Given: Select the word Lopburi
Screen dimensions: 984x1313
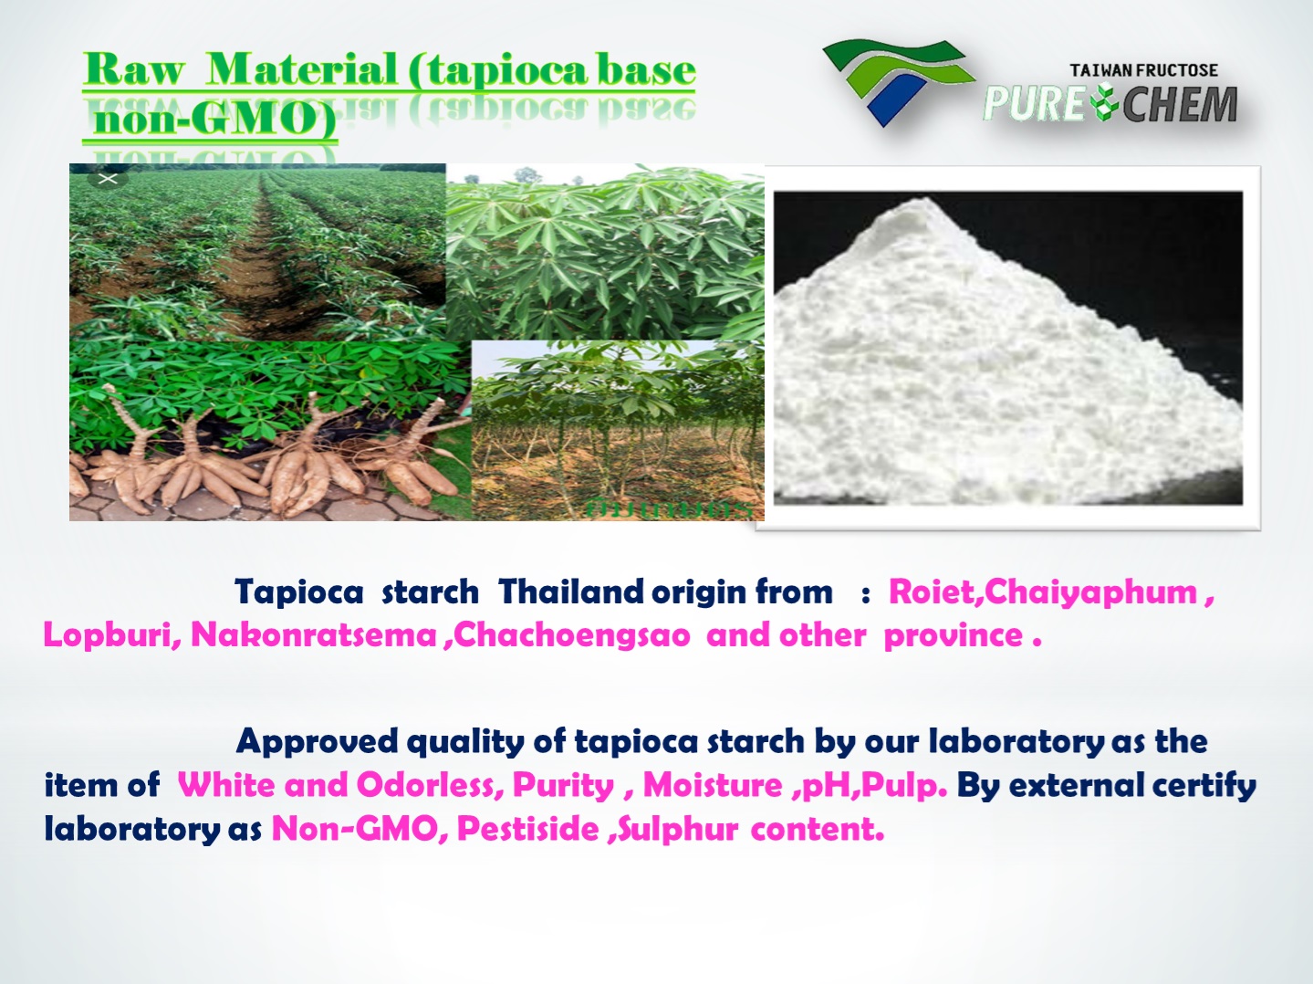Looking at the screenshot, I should coord(111,635).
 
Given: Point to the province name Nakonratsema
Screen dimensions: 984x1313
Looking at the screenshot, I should coord(313,635).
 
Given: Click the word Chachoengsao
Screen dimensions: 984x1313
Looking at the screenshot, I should coord(572,635).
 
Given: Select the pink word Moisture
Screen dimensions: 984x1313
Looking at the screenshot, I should coord(713,785).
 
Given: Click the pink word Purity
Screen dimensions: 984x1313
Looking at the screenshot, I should coord(563,785).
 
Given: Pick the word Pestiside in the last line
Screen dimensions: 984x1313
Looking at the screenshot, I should coord(527,829).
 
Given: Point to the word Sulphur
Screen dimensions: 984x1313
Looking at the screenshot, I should coord(678,829).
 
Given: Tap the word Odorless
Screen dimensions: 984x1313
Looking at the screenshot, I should coord(428,785).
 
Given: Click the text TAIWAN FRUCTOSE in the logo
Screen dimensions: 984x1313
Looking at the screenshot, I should coord(1143,70).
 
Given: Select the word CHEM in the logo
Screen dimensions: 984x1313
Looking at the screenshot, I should coord(1180,105).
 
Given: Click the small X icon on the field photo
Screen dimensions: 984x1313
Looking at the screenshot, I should coord(108,179).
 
